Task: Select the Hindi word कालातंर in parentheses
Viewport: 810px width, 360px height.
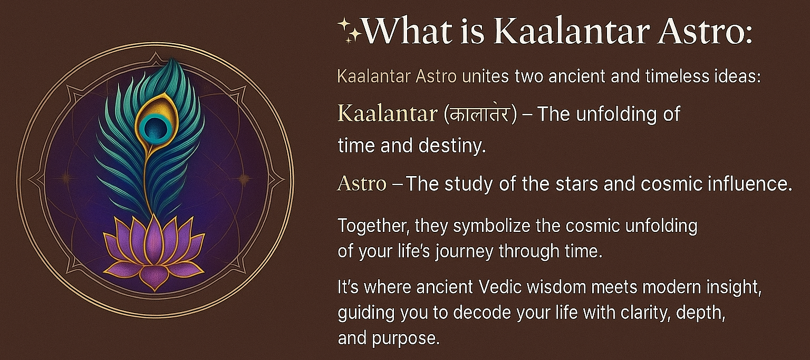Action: [x=480, y=114]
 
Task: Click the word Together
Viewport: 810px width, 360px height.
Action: [x=373, y=226]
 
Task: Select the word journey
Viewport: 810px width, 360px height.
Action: [x=464, y=251]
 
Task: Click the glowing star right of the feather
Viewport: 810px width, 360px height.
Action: [x=244, y=179]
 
